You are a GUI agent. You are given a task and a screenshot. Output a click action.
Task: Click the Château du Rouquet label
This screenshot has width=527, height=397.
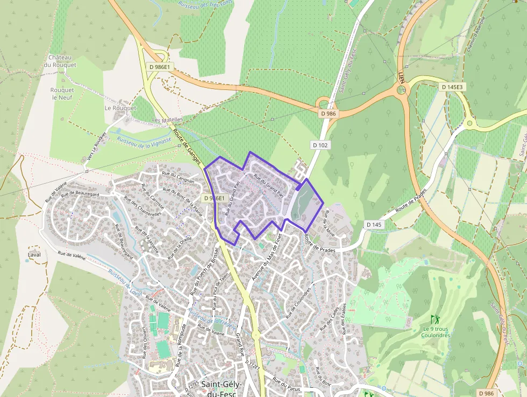[62, 61]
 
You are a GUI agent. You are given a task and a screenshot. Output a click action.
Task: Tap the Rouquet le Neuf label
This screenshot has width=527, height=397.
[62, 94]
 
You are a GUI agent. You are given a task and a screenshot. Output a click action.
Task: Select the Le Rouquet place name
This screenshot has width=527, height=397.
[120, 108]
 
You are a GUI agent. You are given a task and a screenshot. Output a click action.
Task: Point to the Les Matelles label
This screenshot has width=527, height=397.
[168, 120]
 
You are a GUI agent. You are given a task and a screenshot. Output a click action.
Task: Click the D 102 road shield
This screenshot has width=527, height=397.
[320, 145]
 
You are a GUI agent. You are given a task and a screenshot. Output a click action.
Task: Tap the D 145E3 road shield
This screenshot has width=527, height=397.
[452, 87]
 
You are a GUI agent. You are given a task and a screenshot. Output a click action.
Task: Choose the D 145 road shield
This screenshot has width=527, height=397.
[375, 224]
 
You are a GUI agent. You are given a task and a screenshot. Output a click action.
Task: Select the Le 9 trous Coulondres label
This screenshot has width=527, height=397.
[436, 332]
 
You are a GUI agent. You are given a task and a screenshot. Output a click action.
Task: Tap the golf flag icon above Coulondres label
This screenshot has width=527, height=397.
[435, 319]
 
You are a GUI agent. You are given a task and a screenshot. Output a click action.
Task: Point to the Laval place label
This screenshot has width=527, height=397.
[34, 254]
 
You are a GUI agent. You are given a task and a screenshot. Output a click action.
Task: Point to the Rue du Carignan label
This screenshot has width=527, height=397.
[178, 177]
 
